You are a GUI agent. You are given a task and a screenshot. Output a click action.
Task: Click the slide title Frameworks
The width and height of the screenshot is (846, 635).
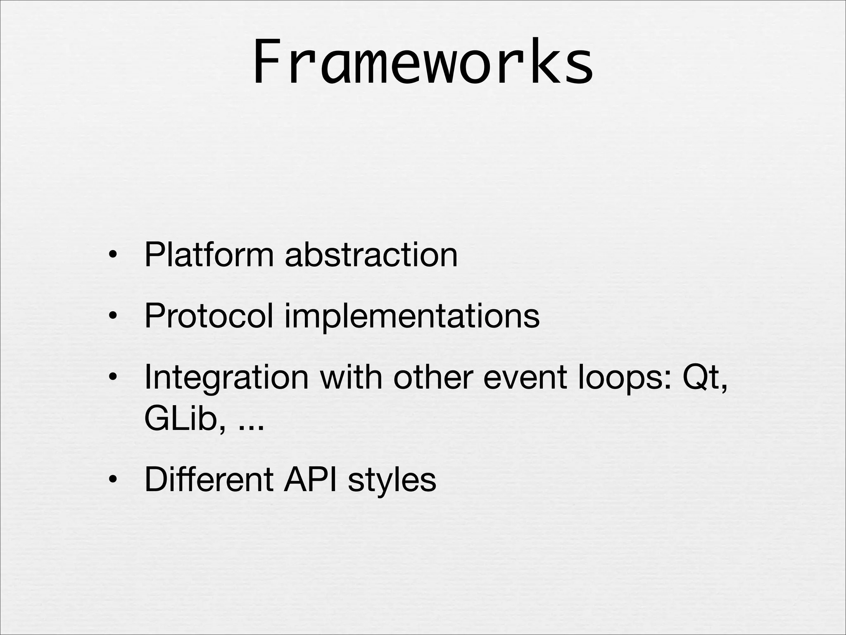pyautogui.click(x=423, y=62)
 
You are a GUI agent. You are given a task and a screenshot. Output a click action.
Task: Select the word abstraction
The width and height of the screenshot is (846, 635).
pyautogui.click(x=371, y=255)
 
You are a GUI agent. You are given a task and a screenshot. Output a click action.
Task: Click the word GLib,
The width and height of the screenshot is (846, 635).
pyautogui.click(x=185, y=419)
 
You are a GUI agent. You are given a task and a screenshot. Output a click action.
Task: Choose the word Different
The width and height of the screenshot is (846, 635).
pyautogui.click(x=209, y=480)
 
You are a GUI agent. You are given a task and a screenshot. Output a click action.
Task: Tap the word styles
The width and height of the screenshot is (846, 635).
pyautogui.click(x=392, y=480)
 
